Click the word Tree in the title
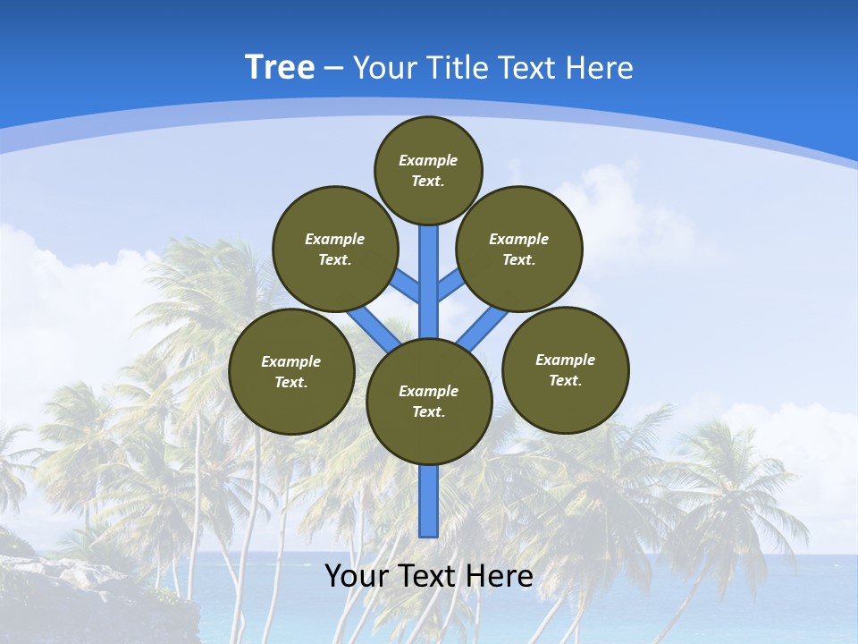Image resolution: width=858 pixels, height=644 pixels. click(x=280, y=67)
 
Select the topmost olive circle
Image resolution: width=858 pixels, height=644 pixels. click(x=428, y=170)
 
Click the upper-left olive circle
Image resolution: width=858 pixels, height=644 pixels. click(x=335, y=250)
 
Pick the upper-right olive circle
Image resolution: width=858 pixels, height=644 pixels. click(x=519, y=250)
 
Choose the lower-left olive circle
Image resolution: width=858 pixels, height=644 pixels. click(x=291, y=372)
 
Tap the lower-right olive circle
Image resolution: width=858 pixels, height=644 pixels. click(x=566, y=369)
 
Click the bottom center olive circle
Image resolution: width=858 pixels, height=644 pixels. click(x=429, y=402)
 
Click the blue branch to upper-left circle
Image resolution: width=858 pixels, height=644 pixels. click(x=408, y=288)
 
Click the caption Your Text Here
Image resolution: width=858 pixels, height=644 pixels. click(x=429, y=576)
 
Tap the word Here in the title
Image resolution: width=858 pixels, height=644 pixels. click(x=601, y=68)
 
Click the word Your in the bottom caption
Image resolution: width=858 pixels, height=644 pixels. click(x=356, y=576)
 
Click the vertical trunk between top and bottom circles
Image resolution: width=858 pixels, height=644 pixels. click(x=429, y=277)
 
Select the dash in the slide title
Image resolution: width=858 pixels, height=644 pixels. click(x=333, y=68)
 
